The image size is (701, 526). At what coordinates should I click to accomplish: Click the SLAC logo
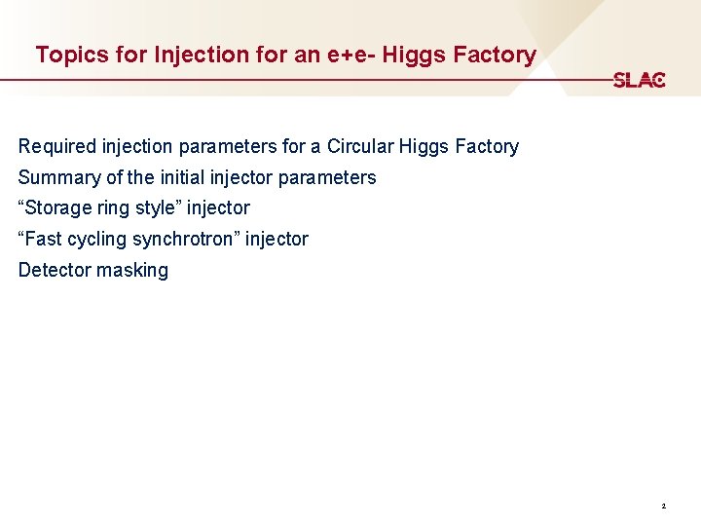[x=639, y=80]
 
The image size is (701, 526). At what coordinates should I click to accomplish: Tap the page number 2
[x=663, y=507]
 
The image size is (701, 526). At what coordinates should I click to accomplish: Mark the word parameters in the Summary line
[x=327, y=177]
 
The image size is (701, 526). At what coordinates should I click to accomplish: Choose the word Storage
[x=60, y=207]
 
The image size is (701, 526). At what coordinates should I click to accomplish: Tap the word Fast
[x=44, y=239]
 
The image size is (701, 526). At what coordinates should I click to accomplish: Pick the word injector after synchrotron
[x=277, y=239]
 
